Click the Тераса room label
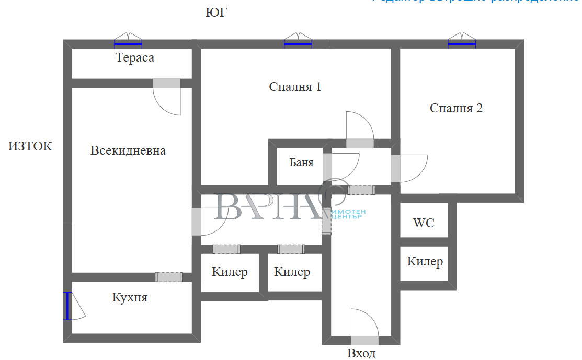coord(135,57)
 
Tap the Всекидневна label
coord(128,151)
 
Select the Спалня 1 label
coord(295,87)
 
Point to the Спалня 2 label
coord(456,109)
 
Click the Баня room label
coord(302,162)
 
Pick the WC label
coord(424,223)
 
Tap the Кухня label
coord(130,298)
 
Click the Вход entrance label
coord(361,354)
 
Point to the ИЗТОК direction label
coord(30,146)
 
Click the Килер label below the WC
coord(425,262)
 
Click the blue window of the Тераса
coord(128,44)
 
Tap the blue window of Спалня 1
coord(298,44)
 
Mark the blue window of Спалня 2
coord(462,44)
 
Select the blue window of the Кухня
coord(67,306)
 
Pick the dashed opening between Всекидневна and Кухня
coord(169,277)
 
